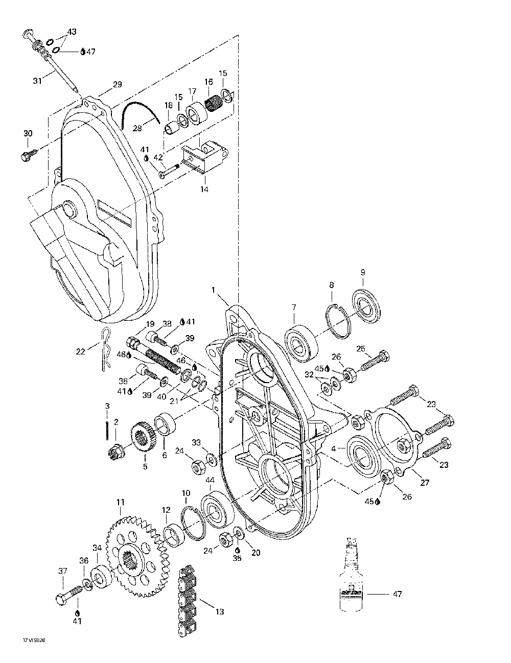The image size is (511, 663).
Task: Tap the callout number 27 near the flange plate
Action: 424,483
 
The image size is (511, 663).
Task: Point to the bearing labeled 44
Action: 218,509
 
